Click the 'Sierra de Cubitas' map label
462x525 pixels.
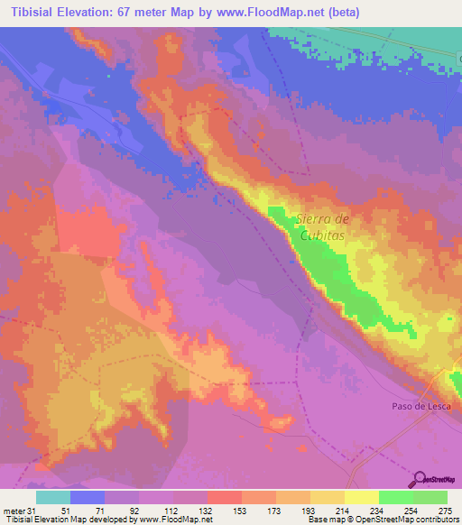click(x=322, y=225)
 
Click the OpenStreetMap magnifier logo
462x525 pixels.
click(x=420, y=479)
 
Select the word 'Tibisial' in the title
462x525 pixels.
click(x=30, y=12)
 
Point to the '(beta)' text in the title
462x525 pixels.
click(x=380, y=12)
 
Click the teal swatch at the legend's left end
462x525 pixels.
click(x=53, y=497)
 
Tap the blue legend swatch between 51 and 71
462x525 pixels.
click(x=88, y=497)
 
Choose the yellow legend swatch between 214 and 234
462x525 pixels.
click(x=361, y=497)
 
